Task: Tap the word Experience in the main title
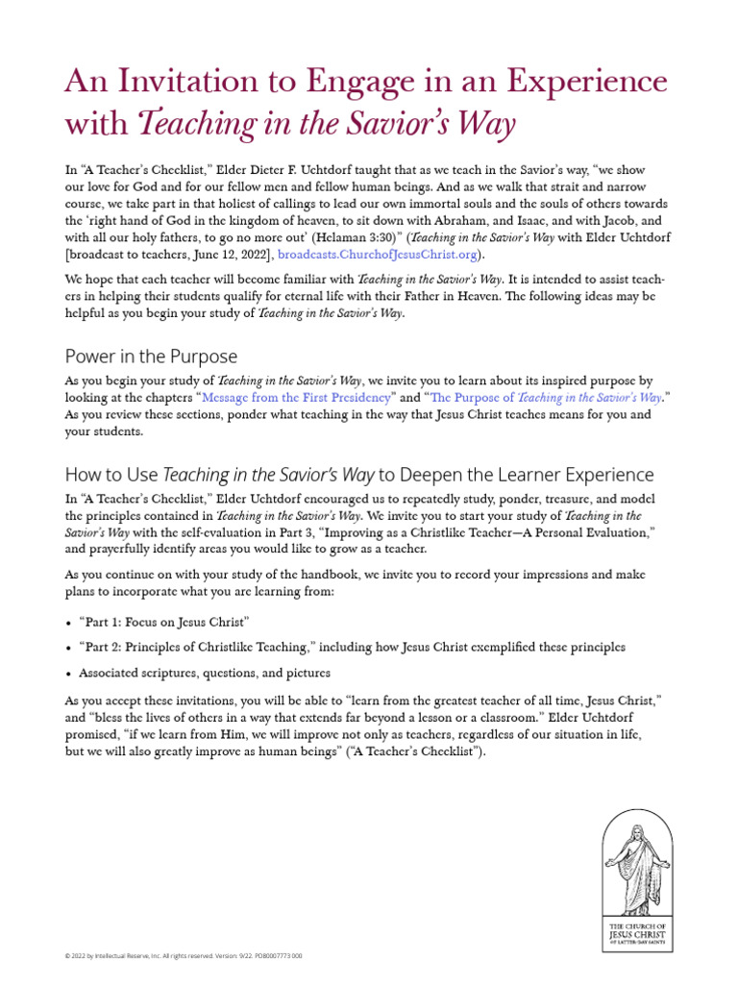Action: click(573, 82)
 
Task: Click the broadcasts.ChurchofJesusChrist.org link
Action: click(378, 255)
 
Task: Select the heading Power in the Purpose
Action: click(151, 357)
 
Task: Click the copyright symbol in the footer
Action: click(66, 957)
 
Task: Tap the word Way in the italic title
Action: click(489, 126)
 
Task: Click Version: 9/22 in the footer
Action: click(219, 957)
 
